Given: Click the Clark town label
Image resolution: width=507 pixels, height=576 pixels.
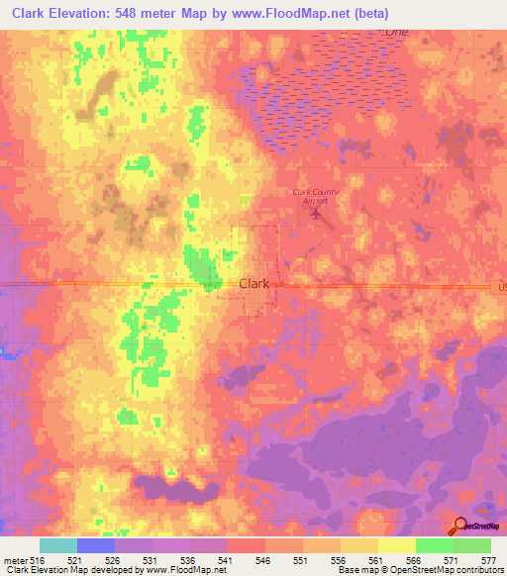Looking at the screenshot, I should pos(254,283).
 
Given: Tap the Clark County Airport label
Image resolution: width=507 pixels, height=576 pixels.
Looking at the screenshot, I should pos(315,194).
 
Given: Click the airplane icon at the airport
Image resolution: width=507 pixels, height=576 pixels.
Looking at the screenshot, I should pos(317,211).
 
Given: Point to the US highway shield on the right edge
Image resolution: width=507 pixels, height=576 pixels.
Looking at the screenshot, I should pos(499,285).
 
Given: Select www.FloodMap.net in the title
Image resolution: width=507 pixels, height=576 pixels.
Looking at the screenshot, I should pos(297,14).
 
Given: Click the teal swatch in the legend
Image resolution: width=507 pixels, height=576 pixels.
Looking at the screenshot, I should pos(58,545).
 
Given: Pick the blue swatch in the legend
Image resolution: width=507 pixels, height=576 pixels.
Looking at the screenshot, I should pos(96,545).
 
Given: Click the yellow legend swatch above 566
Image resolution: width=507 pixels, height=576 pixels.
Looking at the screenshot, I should pos(397,545).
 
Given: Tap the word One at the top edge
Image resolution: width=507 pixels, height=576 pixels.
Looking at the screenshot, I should pos(396,32).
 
